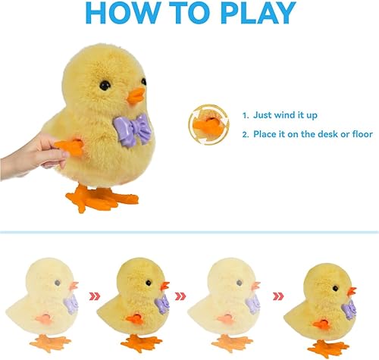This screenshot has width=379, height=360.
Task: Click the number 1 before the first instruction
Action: [x=245, y=116]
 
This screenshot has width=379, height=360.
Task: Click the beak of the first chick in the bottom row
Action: [x=75, y=286]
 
